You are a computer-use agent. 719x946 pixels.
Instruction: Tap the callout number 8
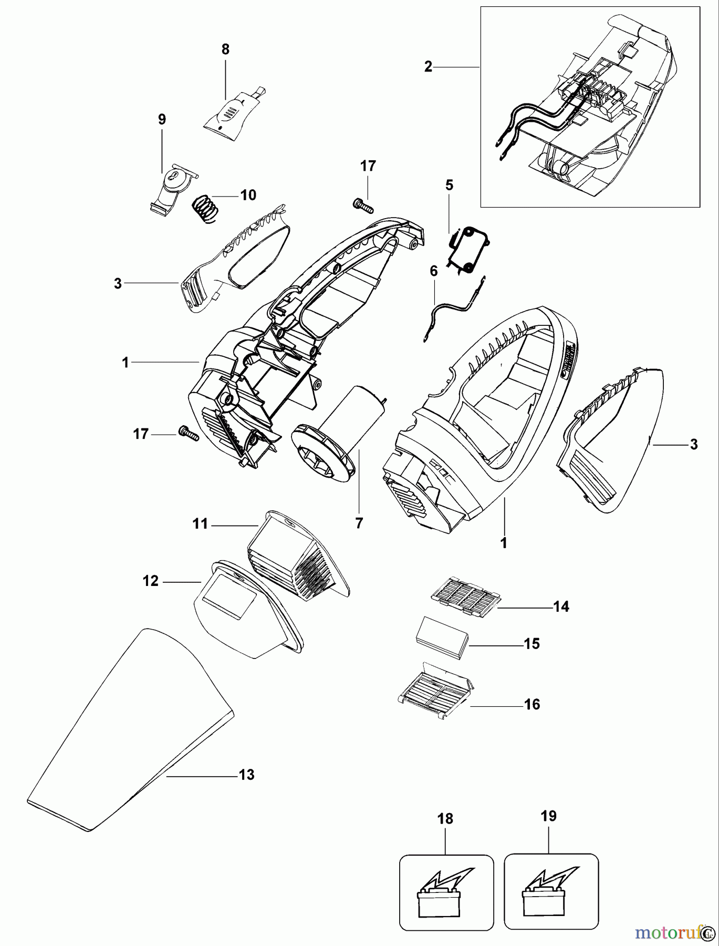click(225, 50)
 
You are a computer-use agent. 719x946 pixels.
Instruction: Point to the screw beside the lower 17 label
click(189, 433)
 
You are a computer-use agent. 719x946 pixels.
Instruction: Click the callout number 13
click(246, 774)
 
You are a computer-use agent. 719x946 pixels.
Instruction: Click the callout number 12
click(151, 581)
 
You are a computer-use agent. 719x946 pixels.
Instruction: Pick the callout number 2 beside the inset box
click(428, 67)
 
